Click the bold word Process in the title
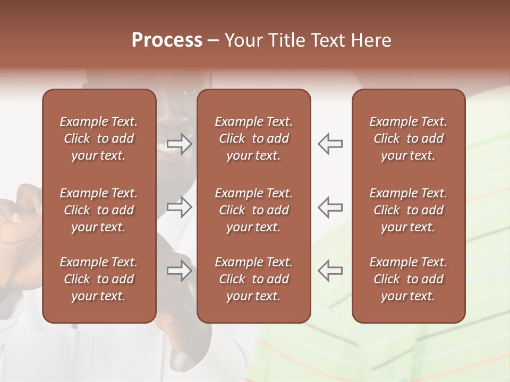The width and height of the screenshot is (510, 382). tap(167, 40)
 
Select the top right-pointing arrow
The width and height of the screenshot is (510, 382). tap(180, 144)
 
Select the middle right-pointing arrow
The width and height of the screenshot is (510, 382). tap(180, 207)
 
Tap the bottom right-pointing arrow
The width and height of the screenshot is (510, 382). tap(180, 271)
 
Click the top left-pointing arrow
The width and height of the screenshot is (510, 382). tap(330, 144)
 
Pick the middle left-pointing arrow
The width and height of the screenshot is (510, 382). tap(330, 207)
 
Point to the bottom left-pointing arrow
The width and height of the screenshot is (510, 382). tap(330, 271)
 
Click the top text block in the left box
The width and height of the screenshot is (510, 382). tap(99, 138)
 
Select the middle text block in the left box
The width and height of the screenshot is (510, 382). tap(99, 210)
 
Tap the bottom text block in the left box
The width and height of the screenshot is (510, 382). tap(99, 279)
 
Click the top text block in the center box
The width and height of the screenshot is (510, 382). tap(253, 138)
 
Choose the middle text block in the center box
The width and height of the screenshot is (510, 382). tap(253, 210)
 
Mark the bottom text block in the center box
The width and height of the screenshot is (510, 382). tap(253, 279)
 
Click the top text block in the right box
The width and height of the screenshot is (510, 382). tap(408, 138)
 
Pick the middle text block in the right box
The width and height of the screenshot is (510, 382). tap(408, 210)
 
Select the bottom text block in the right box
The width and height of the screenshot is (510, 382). tap(408, 279)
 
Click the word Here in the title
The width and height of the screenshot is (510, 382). tap(372, 40)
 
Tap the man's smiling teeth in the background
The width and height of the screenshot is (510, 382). tap(169, 152)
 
